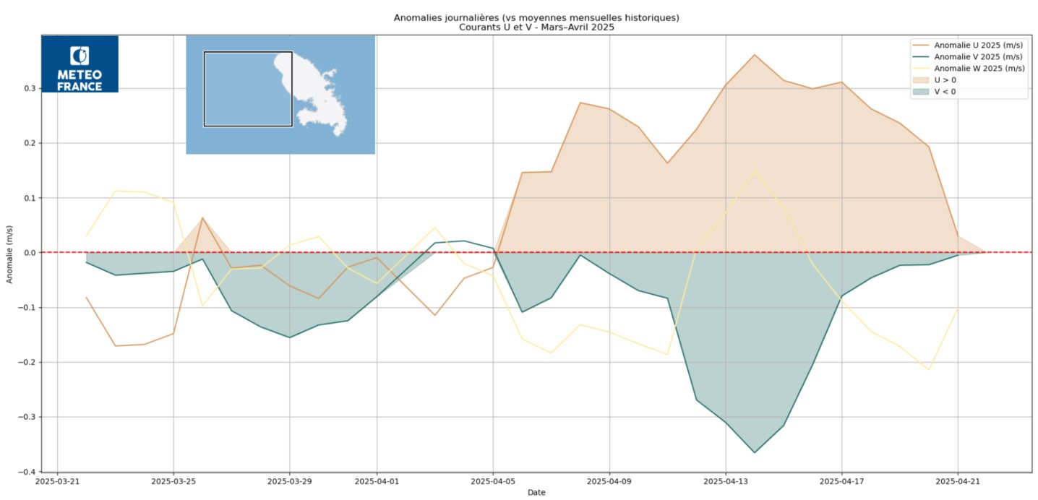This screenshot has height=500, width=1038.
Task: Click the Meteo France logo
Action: pos(80,64)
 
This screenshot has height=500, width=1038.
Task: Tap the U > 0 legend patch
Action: pos(922,80)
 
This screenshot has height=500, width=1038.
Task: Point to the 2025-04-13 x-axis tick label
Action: pos(726,480)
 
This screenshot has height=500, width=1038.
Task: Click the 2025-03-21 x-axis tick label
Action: pos(57,480)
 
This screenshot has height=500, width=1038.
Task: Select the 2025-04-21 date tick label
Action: pos(958,480)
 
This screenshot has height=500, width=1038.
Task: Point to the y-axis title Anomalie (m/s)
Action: pos(9,253)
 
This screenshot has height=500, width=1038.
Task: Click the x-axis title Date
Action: pos(536,492)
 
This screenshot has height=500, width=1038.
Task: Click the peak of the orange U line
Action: pos(755,54)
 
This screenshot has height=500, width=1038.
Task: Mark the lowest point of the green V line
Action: pos(755,453)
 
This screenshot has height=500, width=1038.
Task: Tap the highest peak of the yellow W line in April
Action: pos(755,171)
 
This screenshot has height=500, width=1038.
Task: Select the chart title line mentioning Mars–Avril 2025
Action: pos(536,27)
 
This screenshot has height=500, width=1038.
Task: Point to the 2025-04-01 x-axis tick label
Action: pos(377,480)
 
